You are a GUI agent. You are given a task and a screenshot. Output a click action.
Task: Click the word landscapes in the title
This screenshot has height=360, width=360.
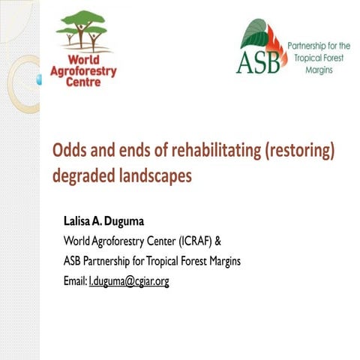pyautogui.click(x=154, y=175)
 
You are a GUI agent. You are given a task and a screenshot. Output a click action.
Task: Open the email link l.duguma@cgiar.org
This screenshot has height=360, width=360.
pyautogui.click(x=139, y=280)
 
